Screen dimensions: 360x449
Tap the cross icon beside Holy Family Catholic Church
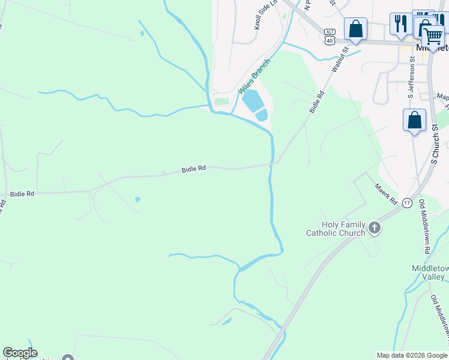(x=375, y=227)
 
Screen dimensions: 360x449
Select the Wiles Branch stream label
(x=255, y=80)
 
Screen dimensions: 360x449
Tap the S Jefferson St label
(x=411, y=77)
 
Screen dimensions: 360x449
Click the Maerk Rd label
(x=386, y=194)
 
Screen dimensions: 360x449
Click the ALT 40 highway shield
(x=329, y=36)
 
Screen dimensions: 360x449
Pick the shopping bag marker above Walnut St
(x=355, y=28)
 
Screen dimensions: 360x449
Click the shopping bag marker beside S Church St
(x=414, y=119)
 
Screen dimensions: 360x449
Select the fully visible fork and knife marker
(x=399, y=23)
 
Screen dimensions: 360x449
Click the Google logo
(x=20, y=353)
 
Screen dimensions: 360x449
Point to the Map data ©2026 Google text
(x=412, y=355)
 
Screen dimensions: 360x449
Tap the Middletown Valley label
(x=428, y=272)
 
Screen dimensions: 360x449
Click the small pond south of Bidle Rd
(x=137, y=199)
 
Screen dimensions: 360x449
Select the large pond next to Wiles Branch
(x=253, y=100)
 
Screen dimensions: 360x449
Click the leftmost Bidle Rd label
(x=22, y=194)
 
